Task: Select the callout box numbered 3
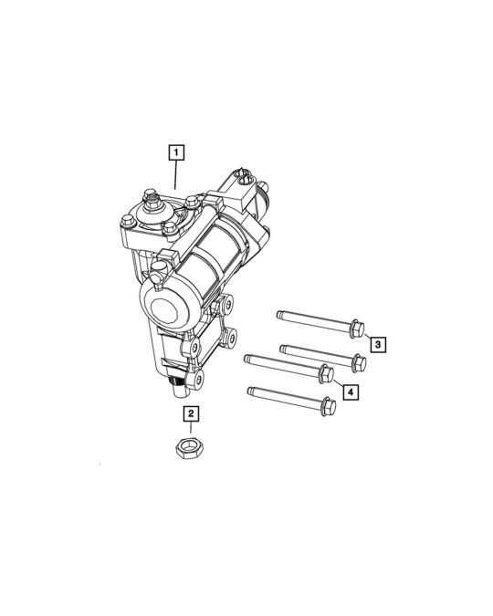[377, 344]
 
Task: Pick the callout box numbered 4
[351, 392]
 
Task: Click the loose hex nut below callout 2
[191, 447]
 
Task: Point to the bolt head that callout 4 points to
[324, 374]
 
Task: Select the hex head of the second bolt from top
[359, 362]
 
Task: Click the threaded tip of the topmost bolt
[281, 316]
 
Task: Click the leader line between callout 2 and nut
[191, 430]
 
